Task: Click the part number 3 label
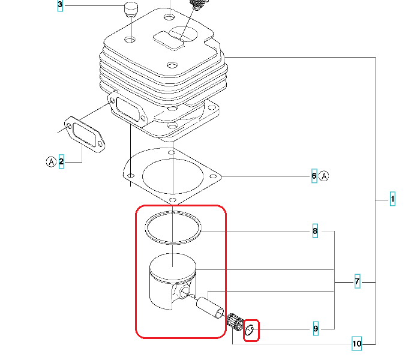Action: point(59,7)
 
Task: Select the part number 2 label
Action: point(61,161)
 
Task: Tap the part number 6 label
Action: point(314,176)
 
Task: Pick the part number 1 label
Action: point(392,199)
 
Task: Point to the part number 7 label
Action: point(356,281)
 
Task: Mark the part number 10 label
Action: point(356,344)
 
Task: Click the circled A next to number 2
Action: point(51,161)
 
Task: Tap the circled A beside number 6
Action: point(325,176)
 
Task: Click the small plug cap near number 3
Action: point(130,10)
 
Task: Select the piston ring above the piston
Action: point(173,229)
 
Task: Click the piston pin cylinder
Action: point(211,305)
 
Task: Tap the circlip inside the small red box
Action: point(251,329)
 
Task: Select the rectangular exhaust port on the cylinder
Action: point(127,108)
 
